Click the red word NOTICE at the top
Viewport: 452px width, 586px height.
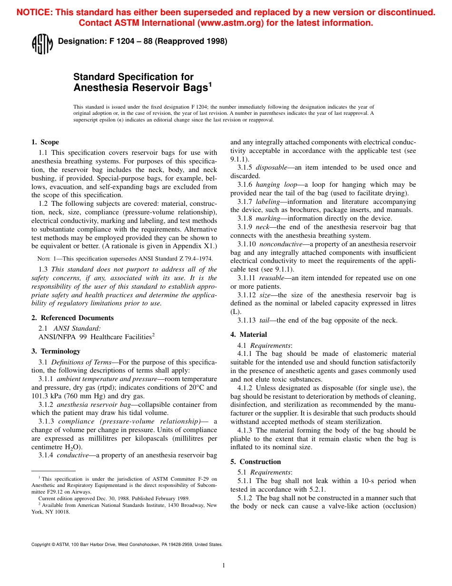coord(34,13)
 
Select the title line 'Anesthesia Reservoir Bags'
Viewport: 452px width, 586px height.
coord(140,88)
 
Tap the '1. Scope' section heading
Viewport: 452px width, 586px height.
coord(45,142)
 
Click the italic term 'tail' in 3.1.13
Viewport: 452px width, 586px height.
coord(265,320)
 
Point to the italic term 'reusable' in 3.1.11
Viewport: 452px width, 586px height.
coord(272,278)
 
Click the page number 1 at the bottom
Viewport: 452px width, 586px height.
coord(224,566)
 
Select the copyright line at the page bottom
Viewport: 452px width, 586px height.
coord(127,544)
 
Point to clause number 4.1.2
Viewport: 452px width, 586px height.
coord(246,388)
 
